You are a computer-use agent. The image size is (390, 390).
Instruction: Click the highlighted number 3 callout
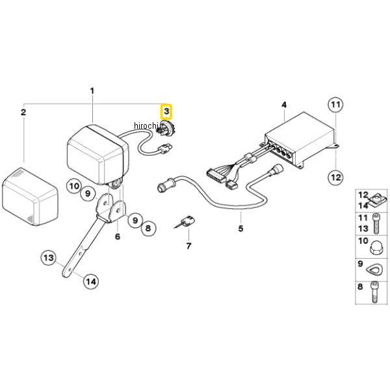tap(166, 111)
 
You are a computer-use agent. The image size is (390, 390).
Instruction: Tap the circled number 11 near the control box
tap(335, 105)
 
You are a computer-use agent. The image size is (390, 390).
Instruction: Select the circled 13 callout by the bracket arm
tap(49, 257)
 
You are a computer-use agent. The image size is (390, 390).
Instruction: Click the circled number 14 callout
tap(91, 281)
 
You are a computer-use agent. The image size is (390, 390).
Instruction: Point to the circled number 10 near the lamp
tap(74, 186)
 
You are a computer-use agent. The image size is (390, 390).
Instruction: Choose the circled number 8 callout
tap(148, 228)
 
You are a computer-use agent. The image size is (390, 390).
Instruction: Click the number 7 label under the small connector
tap(188, 246)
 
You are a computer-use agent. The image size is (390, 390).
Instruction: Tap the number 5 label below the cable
tap(240, 228)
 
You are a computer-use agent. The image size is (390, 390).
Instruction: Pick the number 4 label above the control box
tap(284, 105)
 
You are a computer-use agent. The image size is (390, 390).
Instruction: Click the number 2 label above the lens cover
tap(23, 112)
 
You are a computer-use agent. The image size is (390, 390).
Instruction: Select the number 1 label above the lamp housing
tap(92, 91)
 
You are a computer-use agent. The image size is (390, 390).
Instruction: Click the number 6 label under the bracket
tap(118, 237)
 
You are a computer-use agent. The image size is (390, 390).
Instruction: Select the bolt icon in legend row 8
tap(374, 292)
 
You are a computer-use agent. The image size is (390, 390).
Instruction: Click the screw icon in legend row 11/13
tap(376, 224)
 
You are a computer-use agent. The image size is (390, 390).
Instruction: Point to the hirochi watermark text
tap(146, 125)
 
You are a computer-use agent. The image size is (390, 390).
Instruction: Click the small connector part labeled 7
tap(186, 222)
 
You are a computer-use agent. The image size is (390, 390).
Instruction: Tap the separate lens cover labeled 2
tap(30, 196)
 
